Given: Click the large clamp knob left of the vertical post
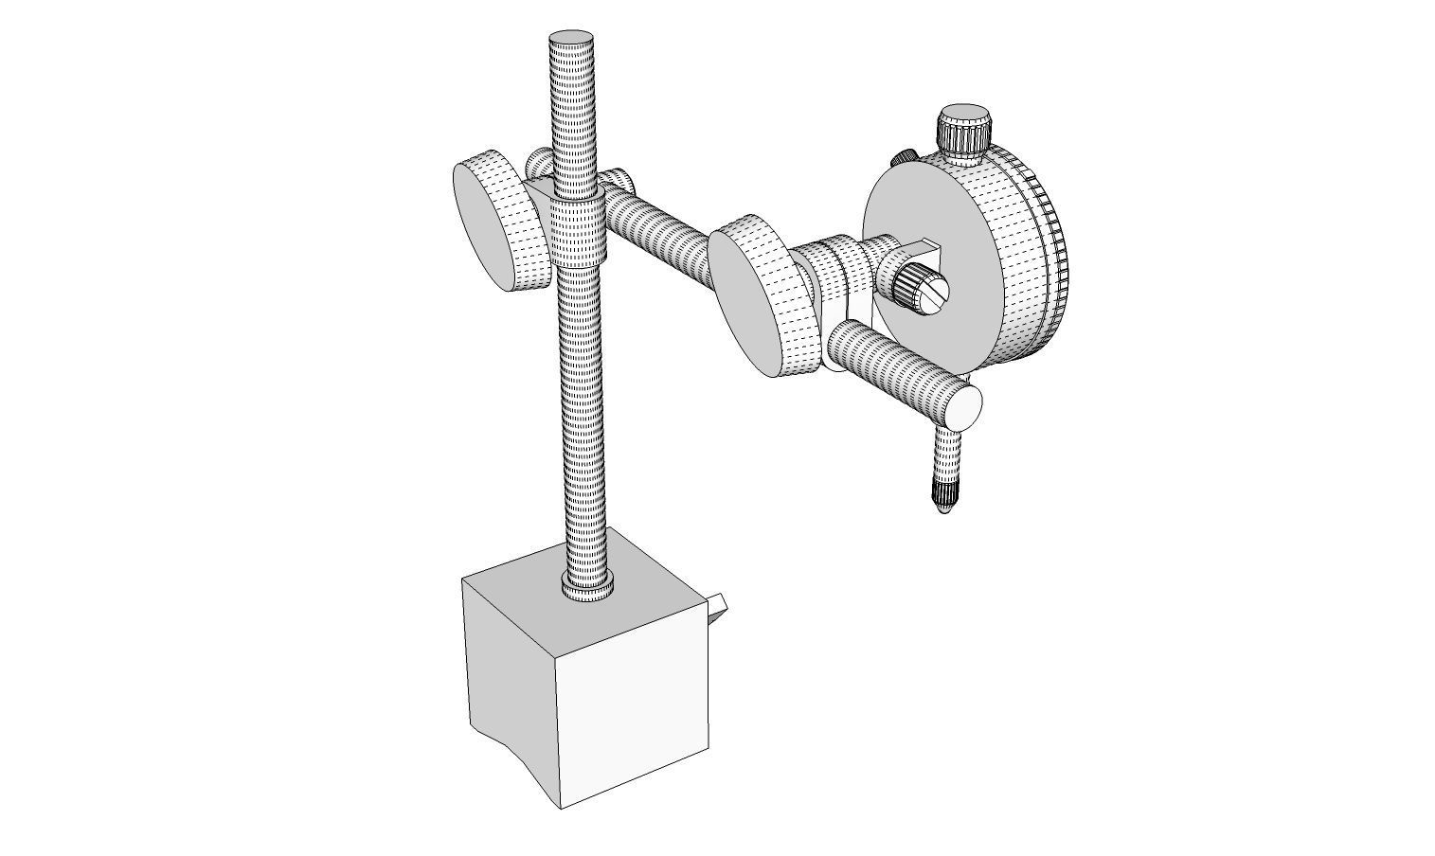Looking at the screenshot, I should tap(499, 225).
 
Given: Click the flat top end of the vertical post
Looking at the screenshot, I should tap(571, 44).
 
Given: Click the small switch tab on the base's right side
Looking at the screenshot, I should tap(718, 607).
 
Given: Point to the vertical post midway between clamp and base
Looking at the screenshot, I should tap(582, 417).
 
